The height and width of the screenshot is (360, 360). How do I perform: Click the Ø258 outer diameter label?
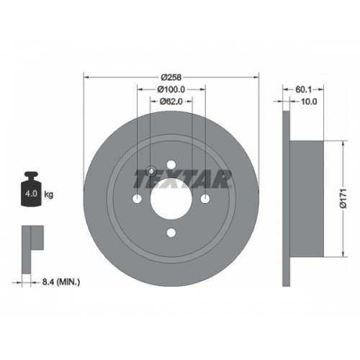tap(171, 77)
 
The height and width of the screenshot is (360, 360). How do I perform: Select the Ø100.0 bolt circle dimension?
tap(171, 89)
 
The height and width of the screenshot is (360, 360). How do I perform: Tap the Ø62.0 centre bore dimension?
tap(171, 102)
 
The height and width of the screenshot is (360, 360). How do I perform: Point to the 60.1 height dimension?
tap(303, 89)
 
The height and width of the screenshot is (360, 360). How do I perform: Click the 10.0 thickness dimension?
tap(309, 102)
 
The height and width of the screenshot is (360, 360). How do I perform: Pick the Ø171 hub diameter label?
tap(344, 198)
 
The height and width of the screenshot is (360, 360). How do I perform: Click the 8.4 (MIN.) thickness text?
tap(61, 282)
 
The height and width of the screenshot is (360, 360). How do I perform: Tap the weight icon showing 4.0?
tap(31, 189)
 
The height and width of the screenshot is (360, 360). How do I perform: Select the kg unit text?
tap(48, 194)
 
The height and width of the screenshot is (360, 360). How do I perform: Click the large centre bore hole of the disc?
tap(171, 199)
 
